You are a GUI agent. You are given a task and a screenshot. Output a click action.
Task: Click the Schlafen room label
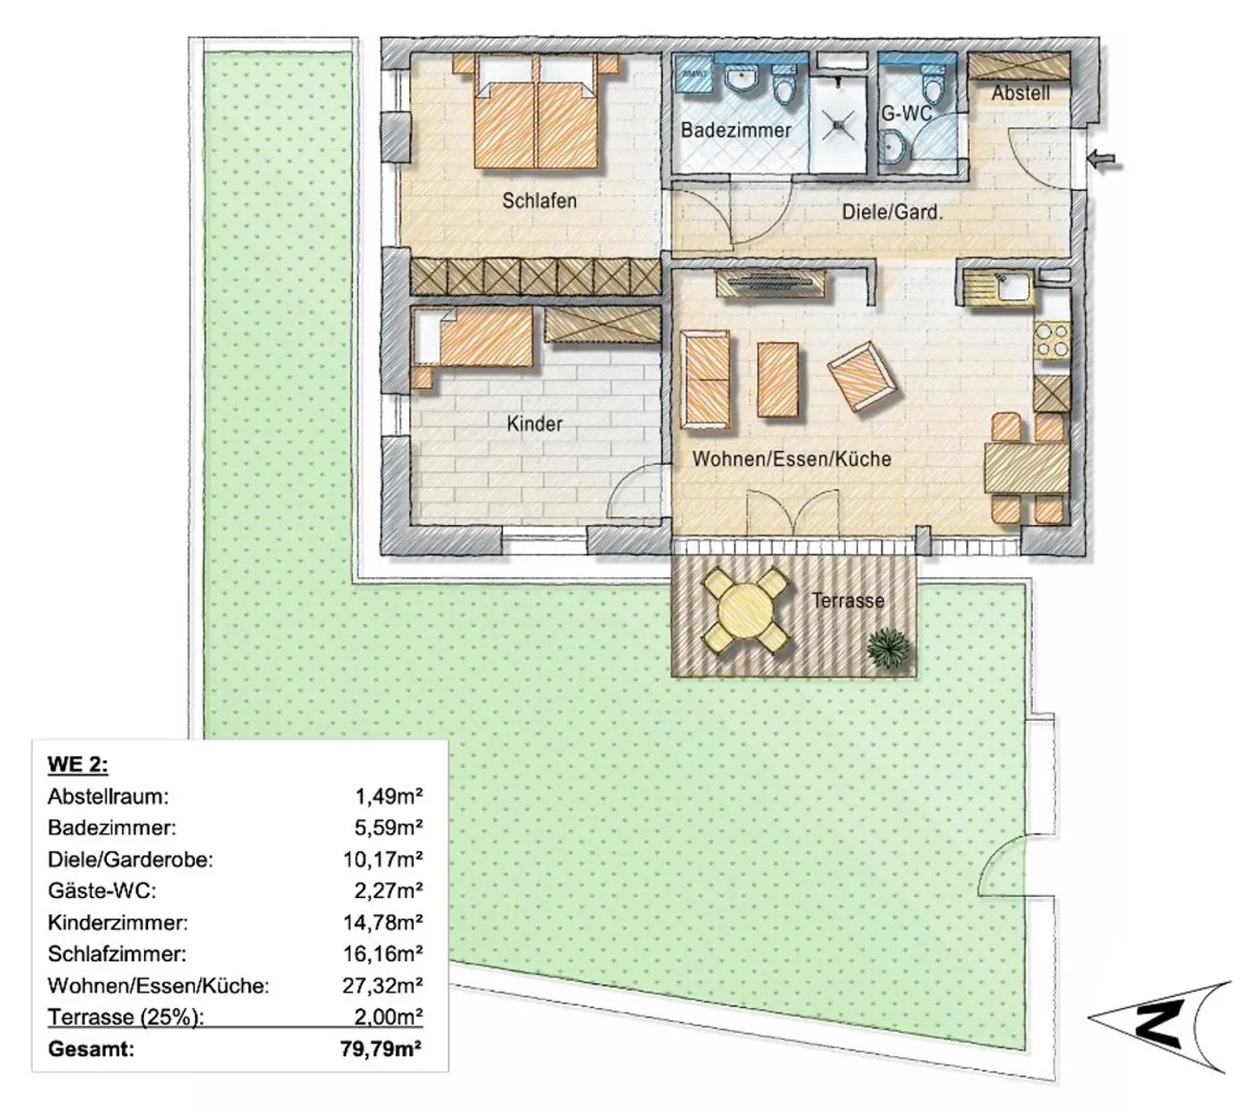click(539, 200)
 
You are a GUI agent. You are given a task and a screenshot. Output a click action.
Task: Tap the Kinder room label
click(534, 423)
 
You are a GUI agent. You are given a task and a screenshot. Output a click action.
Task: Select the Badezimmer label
click(736, 130)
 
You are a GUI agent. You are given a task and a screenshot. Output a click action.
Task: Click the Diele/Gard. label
click(892, 213)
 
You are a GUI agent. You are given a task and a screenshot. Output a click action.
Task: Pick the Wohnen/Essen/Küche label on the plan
click(792, 459)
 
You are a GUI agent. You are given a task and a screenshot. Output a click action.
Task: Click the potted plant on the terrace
click(888, 648)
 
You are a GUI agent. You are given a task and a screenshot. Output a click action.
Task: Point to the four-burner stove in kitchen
click(1052, 341)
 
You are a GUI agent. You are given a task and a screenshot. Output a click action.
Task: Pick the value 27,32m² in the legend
click(383, 985)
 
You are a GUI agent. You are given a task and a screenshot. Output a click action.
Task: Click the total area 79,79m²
click(381, 1048)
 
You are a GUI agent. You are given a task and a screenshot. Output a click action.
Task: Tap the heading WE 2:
click(78, 764)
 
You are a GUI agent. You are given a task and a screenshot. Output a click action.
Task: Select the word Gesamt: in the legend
click(91, 1049)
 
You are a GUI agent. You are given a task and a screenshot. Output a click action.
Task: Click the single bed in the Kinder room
click(472, 341)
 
